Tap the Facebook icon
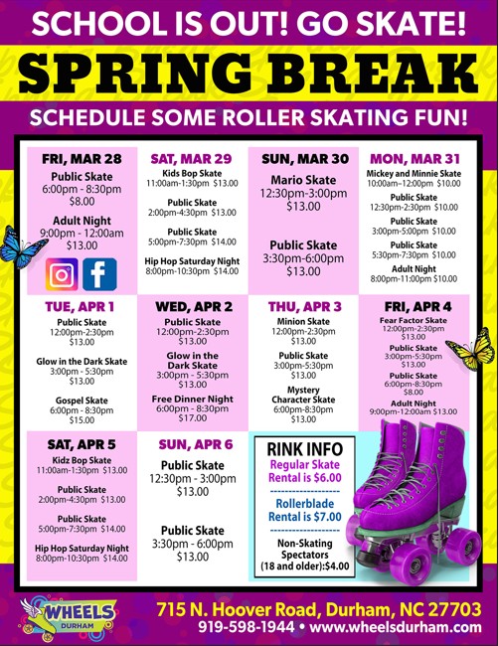(x=99, y=272)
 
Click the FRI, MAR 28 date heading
(x=82, y=159)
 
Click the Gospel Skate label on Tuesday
(x=82, y=400)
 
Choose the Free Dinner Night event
(x=193, y=398)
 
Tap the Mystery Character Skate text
(x=303, y=395)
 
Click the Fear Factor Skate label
(x=415, y=321)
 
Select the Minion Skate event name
(x=303, y=321)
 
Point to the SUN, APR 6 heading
(x=193, y=444)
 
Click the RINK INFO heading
(x=304, y=450)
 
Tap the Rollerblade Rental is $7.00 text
(x=304, y=511)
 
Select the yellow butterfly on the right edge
(x=470, y=351)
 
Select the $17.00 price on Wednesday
(x=193, y=418)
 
